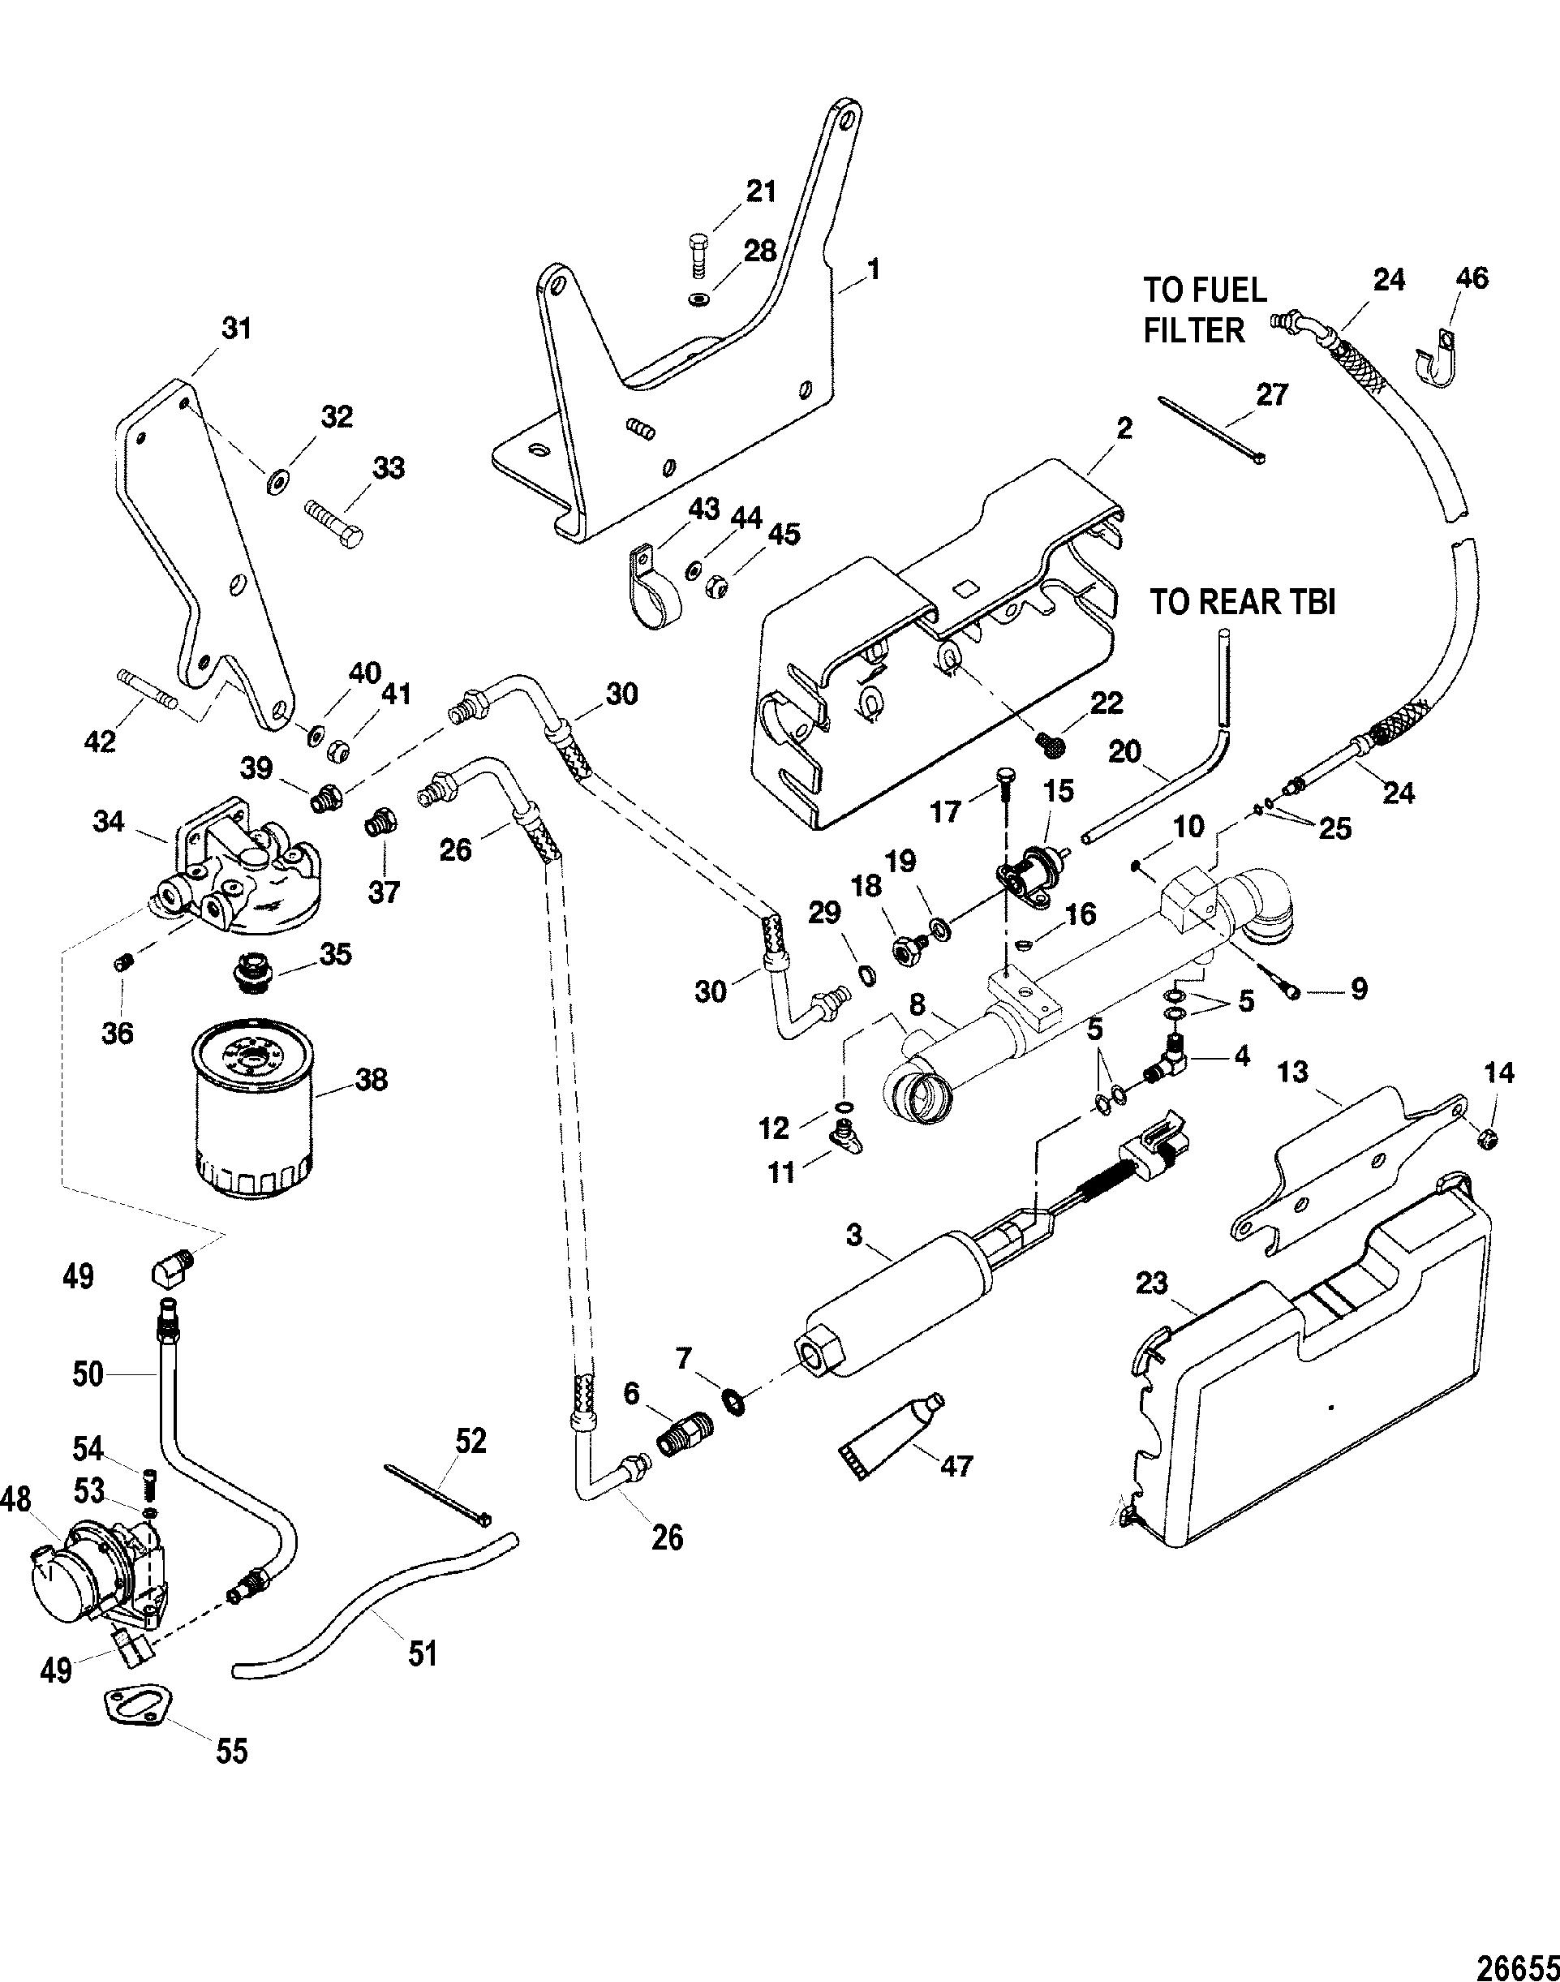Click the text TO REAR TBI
(1242, 604)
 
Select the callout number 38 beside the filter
(371, 1080)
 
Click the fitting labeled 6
(683, 1442)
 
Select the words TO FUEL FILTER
(1205, 310)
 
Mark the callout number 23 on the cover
(1152, 1283)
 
